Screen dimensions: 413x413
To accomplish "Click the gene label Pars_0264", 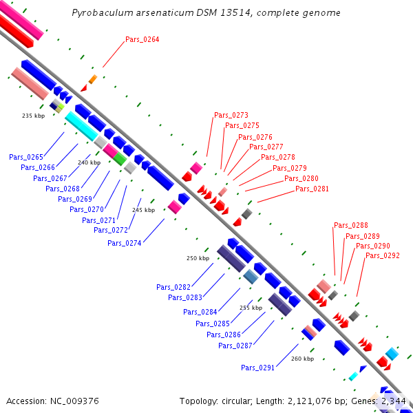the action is [x=142, y=39].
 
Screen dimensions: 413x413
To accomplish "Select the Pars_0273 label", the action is [x=231, y=115].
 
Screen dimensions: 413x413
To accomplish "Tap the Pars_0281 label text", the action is [x=312, y=189].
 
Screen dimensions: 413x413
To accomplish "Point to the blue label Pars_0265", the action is [x=26, y=157].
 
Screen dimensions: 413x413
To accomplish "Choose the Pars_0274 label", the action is [x=125, y=243].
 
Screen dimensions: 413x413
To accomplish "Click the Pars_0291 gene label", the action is [x=258, y=368].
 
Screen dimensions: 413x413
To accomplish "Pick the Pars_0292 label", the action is [x=383, y=255].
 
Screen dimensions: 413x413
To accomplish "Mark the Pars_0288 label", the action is [x=351, y=225].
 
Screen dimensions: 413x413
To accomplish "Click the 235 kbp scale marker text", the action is [x=34, y=116].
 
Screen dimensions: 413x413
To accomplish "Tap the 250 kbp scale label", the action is [x=198, y=258].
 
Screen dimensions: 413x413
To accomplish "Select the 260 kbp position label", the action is [x=303, y=359].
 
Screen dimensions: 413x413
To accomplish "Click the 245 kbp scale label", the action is [x=144, y=210].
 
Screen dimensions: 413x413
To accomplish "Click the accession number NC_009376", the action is [x=74, y=401].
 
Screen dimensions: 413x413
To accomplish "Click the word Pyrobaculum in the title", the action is [x=103, y=12].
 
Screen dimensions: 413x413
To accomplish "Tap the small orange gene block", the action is [x=93, y=79].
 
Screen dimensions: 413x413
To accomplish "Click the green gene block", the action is [x=120, y=159].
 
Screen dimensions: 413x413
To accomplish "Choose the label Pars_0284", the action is [x=200, y=312].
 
